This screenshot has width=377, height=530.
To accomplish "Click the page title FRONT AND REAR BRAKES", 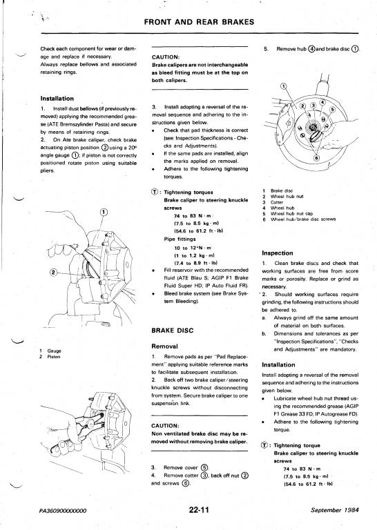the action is click(199, 22).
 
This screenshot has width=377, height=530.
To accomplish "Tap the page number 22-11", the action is click(199, 510).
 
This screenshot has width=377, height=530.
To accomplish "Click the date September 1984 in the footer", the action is click(335, 510).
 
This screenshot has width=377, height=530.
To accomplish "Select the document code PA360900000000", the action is click(63, 511).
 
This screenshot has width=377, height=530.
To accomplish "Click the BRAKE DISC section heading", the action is click(173, 331).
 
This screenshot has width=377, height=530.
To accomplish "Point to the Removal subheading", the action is click(164, 346).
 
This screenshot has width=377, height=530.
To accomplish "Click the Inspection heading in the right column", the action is click(278, 253).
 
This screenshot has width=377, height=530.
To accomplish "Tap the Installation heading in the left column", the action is click(57, 99).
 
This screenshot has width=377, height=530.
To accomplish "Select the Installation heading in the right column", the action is click(278, 364).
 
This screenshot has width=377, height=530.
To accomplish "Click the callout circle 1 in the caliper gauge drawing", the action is click(104, 212).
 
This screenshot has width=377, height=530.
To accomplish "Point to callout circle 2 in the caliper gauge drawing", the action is click(53, 271).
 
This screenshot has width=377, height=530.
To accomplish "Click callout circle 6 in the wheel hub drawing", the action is click(316, 158).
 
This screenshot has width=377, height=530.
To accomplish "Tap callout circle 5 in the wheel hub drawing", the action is click(332, 110).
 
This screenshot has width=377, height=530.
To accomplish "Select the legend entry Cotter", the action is click(277, 202).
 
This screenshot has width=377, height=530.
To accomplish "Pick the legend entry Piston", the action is click(53, 357).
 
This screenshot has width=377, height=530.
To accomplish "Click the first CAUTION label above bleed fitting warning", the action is click(165, 57).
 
